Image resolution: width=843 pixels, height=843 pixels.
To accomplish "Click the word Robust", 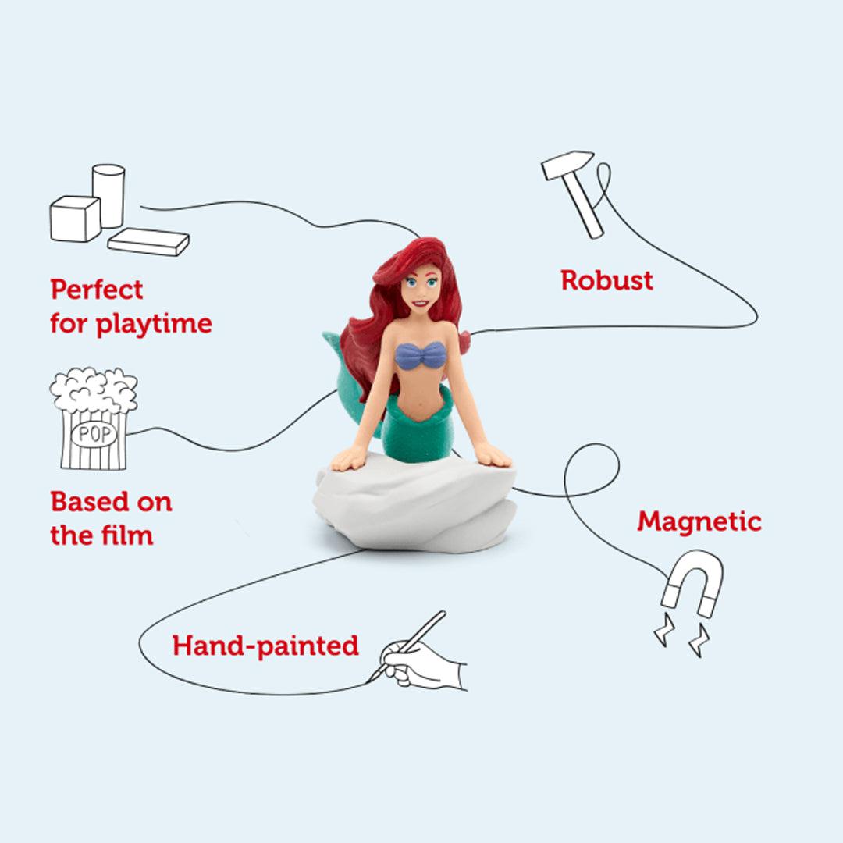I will tap(606, 280).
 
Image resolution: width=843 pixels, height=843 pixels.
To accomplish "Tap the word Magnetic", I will tap(699, 521).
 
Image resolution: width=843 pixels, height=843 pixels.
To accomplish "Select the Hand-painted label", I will tap(265, 646).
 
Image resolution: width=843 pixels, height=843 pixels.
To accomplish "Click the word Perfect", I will tap(97, 290).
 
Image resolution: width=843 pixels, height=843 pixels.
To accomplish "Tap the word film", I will tap(129, 535).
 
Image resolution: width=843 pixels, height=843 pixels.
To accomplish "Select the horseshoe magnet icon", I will tap(692, 582).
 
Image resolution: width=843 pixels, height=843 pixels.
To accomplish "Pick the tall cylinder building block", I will tap(108, 195).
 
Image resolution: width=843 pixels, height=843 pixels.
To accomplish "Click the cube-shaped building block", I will tap(76, 219).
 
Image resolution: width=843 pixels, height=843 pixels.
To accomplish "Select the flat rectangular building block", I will tap(149, 242).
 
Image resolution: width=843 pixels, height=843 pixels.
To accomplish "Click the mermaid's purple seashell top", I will tap(421, 356).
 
